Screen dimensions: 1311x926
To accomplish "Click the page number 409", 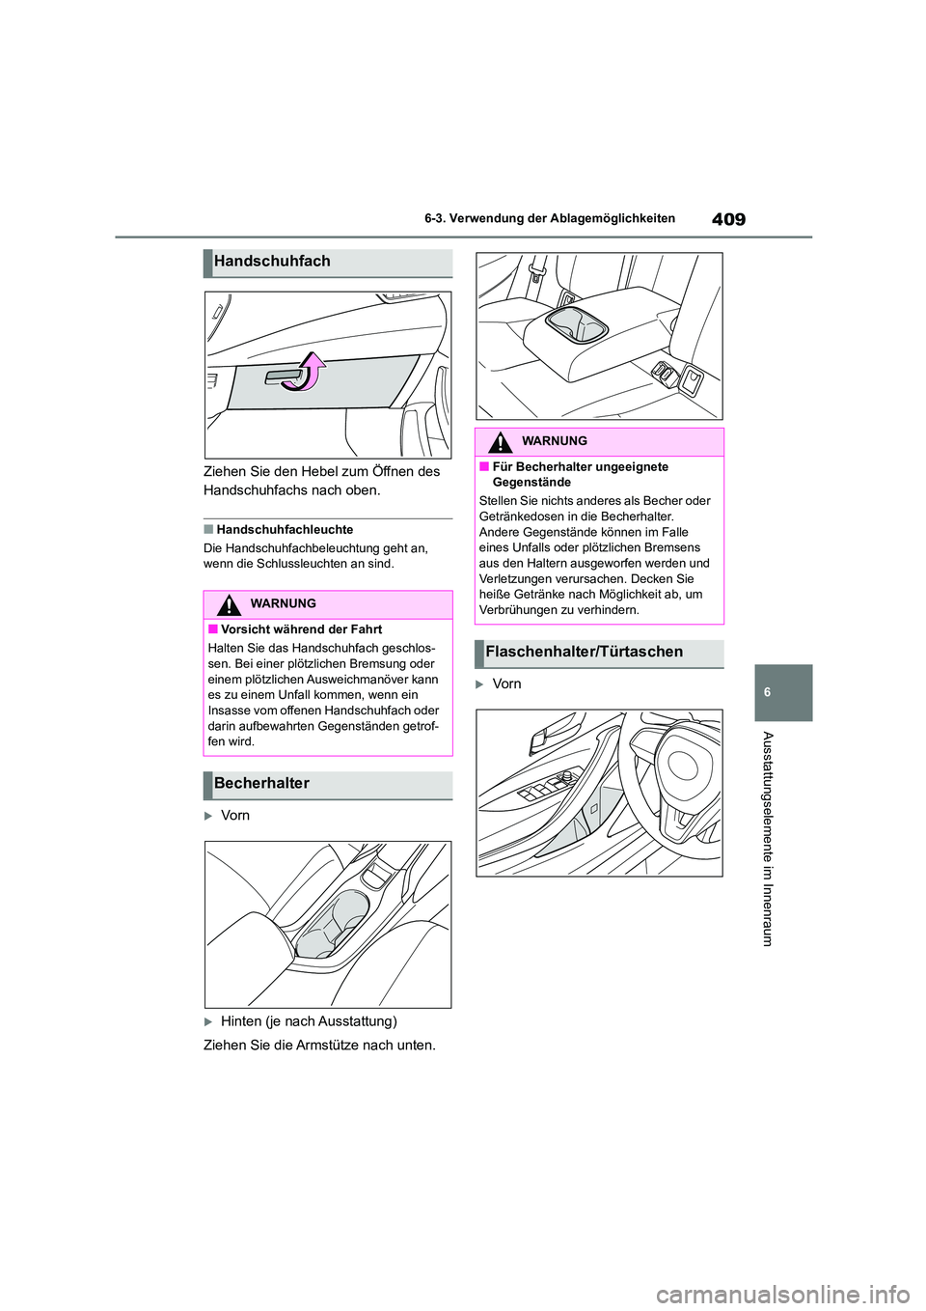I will (x=728, y=219).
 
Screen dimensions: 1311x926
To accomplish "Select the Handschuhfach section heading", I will (x=273, y=262).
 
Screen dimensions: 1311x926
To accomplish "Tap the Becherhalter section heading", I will (x=262, y=784).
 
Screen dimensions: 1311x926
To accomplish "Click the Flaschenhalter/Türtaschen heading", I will (x=585, y=653).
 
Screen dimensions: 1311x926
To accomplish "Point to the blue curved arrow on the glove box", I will (x=307, y=372).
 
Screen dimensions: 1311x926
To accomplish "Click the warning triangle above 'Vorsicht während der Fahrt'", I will (x=229, y=605).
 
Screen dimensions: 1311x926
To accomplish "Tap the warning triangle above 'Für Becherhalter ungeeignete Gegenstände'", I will (x=501, y=443).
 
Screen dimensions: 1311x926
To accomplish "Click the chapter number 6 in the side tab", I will (x=782, y=693).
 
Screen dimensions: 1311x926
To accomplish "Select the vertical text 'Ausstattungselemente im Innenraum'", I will (x=768, y=838).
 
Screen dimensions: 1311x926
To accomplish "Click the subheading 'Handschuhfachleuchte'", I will (x=285, y=530).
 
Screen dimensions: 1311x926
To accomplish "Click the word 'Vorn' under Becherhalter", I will (x=235, y=816).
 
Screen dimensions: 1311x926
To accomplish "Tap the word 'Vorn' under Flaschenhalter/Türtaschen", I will (x=506, y=684).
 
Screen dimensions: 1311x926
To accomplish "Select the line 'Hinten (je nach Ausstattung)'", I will (x=309, y=1021).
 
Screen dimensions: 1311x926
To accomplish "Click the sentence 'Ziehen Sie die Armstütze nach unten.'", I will (x=319, y=1046).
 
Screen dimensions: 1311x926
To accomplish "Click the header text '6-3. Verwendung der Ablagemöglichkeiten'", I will (x=550, y=219).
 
